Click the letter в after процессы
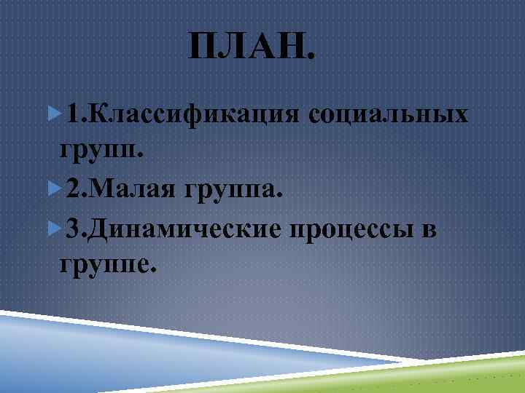click(x=429, y=230)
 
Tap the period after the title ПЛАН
click(x=313, y=58)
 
